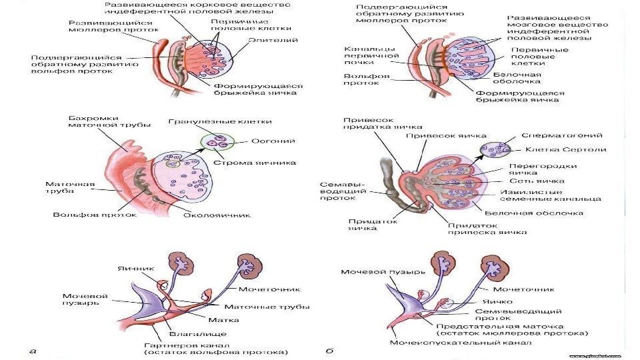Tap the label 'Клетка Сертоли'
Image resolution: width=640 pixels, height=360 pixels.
[x=556, y=149]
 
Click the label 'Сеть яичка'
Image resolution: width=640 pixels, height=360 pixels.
[x=537, y=180]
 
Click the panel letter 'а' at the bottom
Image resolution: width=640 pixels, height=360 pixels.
[x=33, y=349]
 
